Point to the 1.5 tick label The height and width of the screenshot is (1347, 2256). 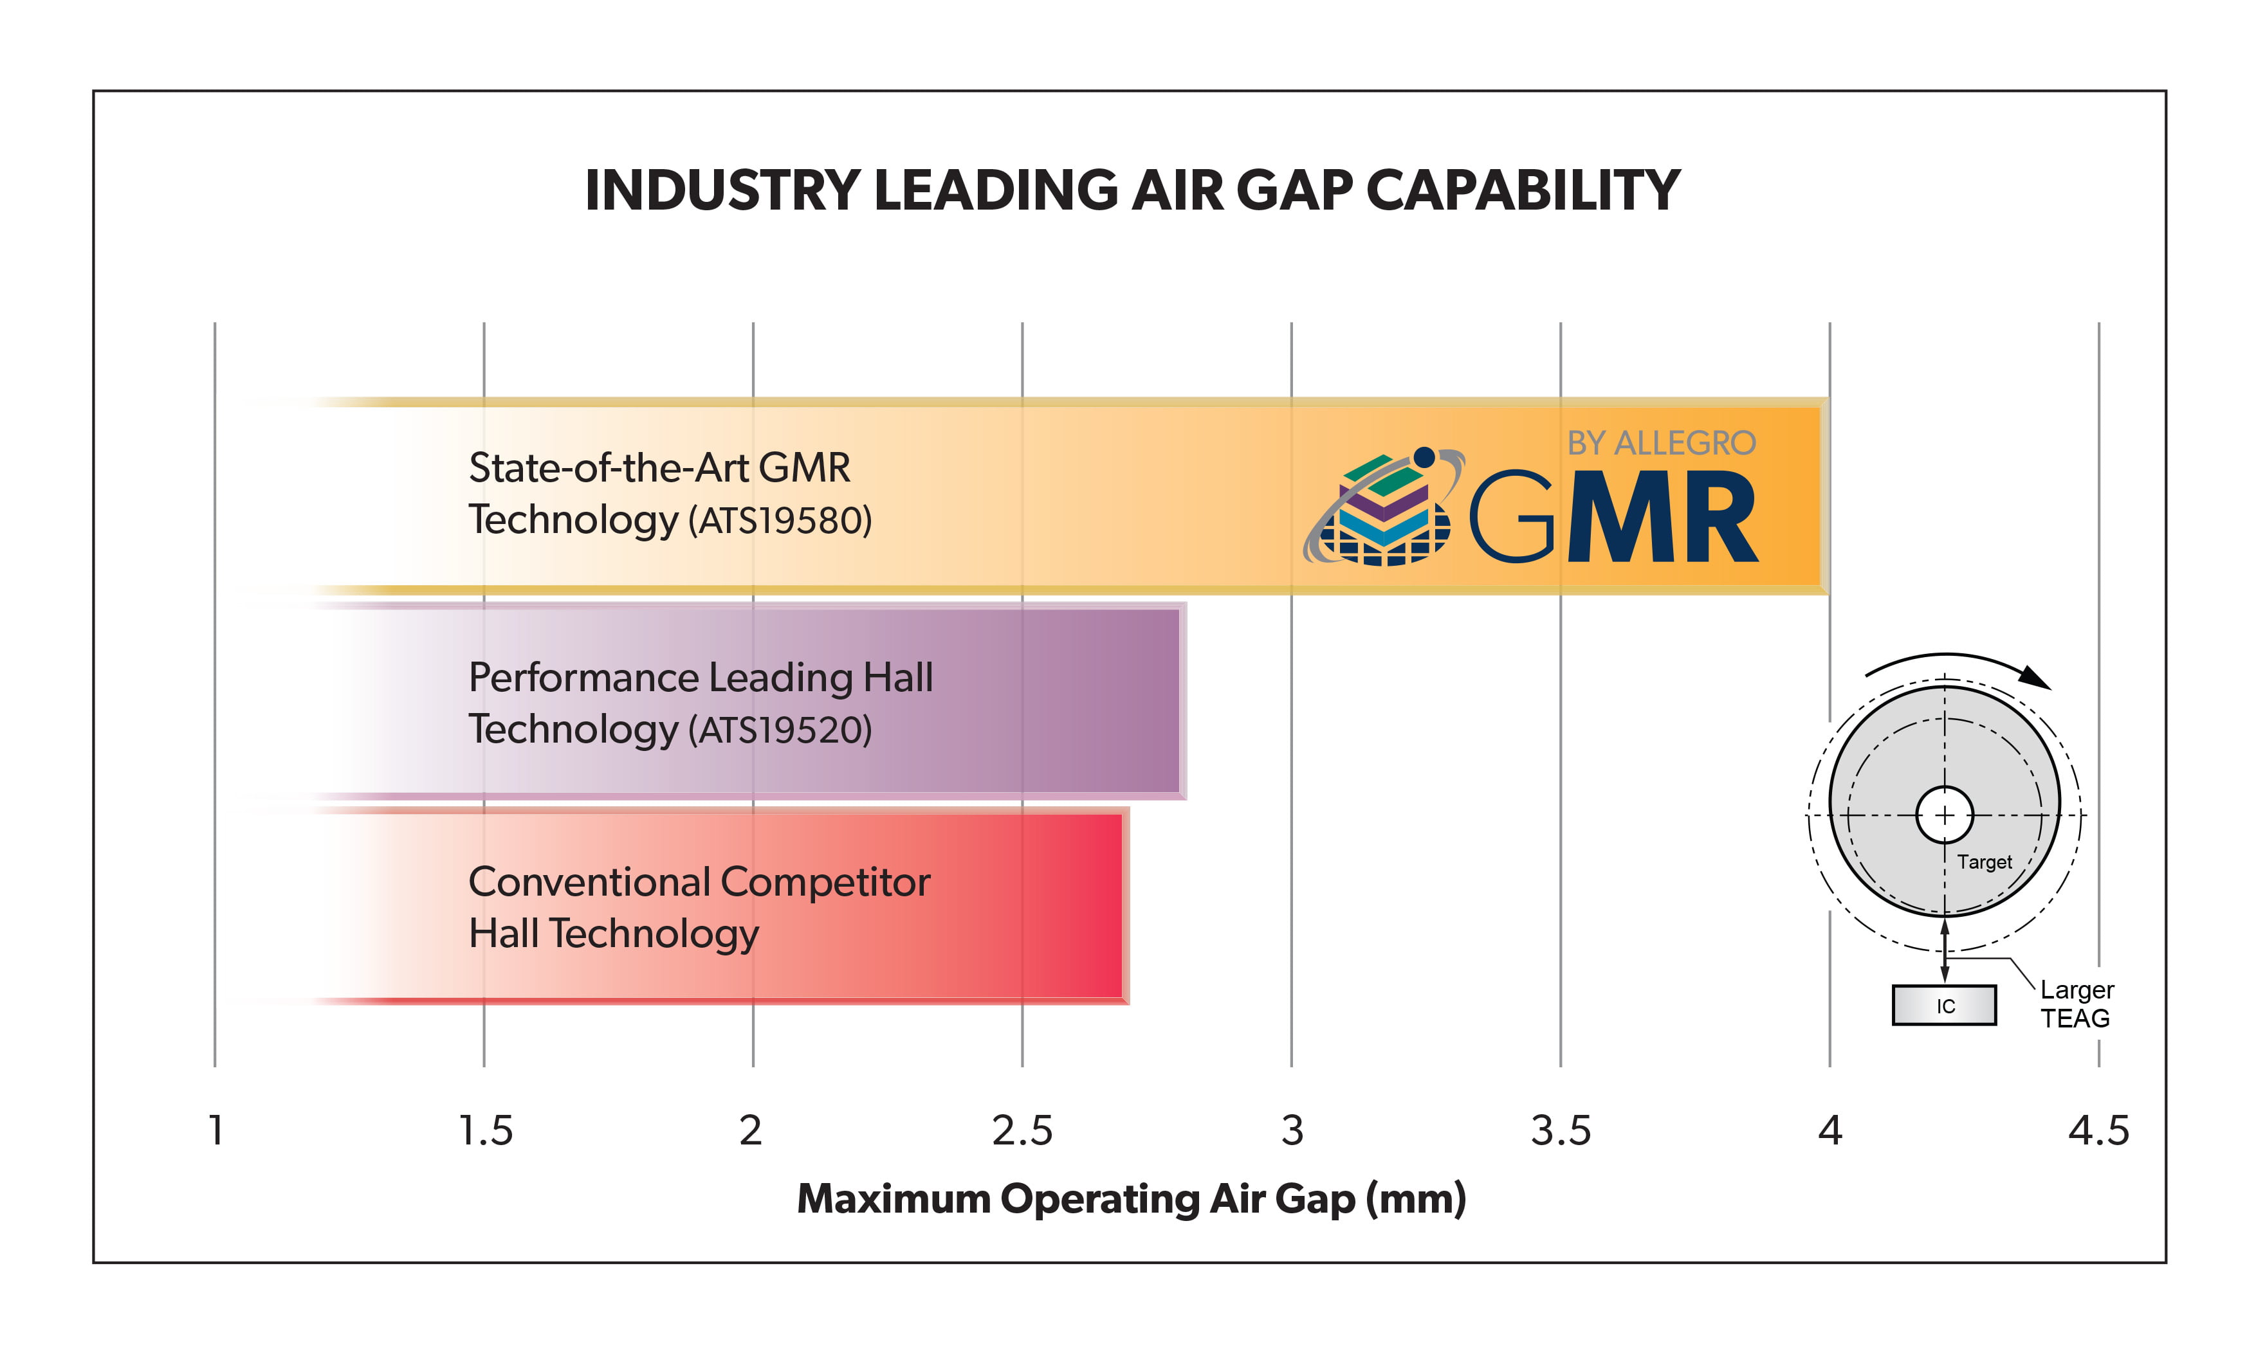point(486,1131)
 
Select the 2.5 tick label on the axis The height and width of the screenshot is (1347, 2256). point(1022,1131)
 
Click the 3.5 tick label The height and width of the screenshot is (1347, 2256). point(1561,1131)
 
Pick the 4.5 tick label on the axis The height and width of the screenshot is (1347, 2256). point(2098,1131)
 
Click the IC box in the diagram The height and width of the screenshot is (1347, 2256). point(1944,1006)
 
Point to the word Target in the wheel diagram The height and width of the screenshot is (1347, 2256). point(1984,862)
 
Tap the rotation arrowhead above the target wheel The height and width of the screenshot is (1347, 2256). point(2036,677)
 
